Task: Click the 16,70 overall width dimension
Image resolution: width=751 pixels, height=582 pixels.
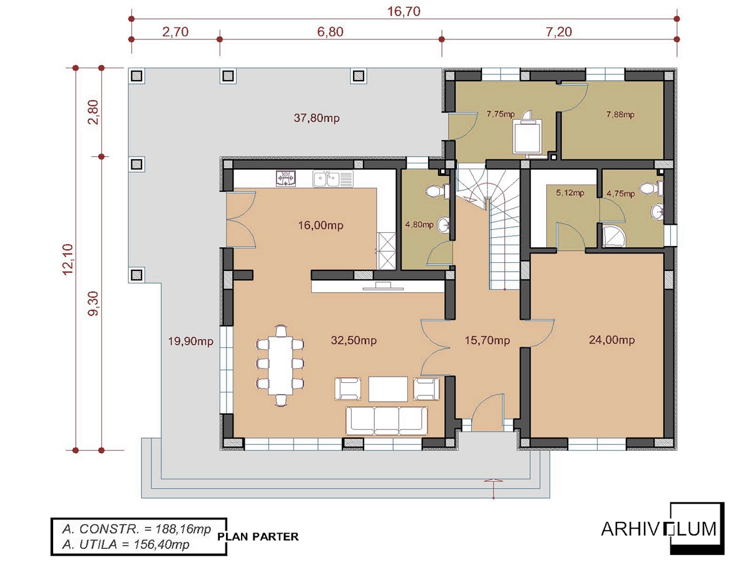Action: [403, 12]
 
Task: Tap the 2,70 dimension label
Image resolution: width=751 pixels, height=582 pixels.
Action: [175, 32]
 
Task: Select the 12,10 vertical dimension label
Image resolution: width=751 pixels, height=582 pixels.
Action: [68, 259]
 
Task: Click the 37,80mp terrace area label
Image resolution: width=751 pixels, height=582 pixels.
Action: [317, 118]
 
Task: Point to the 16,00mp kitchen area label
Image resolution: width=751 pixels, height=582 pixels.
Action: [320, 225]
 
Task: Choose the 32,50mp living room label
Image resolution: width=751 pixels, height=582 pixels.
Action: [354, 340]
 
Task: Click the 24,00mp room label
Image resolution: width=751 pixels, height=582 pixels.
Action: [611, 340]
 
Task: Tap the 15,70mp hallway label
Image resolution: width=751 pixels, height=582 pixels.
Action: [488, 340]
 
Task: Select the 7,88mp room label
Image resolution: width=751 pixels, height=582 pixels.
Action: [620, 115]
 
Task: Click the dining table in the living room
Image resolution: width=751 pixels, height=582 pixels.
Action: [280, 365]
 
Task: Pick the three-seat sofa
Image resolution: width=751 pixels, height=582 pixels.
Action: [387, 421]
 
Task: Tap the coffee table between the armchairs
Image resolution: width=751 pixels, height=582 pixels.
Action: [388, 389]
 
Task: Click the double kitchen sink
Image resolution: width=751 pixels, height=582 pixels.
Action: [333, 179]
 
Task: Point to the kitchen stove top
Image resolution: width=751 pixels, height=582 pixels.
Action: [286, 179]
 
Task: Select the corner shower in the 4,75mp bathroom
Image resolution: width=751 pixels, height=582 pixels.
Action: [614, 236]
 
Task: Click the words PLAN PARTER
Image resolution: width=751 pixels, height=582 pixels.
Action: [258, 537]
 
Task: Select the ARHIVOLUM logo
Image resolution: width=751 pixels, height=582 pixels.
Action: [663, 529]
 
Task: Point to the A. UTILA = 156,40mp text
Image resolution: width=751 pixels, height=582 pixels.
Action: [126, 544]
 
